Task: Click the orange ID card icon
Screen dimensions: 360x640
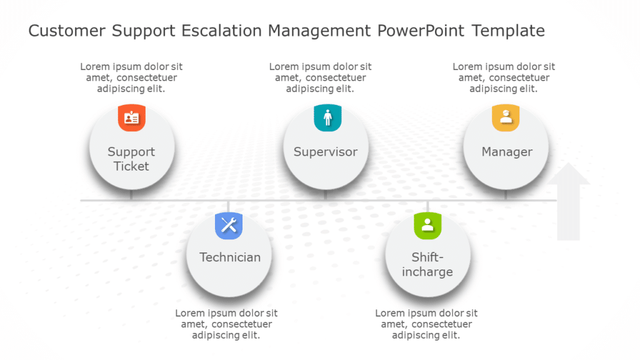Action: (131, 117)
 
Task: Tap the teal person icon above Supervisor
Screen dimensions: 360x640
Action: (327, 117)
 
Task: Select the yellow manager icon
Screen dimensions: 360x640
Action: (506, 117)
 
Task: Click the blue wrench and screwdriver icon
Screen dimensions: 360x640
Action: (229, 225)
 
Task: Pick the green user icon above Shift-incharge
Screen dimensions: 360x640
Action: (427, 225)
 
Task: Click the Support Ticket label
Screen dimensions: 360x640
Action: (131, 159)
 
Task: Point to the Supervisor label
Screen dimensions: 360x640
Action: (326, 152)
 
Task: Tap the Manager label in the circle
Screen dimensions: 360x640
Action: (507, 152)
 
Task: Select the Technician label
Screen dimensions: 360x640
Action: (230, 257)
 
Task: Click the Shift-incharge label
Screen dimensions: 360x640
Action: (427, 264)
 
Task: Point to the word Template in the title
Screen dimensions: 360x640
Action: (508, 31)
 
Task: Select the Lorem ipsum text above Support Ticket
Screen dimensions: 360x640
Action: (131, 77)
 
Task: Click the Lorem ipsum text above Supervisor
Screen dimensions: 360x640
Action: (320, 77)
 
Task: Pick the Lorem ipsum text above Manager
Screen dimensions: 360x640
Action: (504, 77)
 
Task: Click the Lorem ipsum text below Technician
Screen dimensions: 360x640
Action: (226, 324)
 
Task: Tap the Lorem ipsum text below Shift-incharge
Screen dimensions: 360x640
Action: (426, 324)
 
